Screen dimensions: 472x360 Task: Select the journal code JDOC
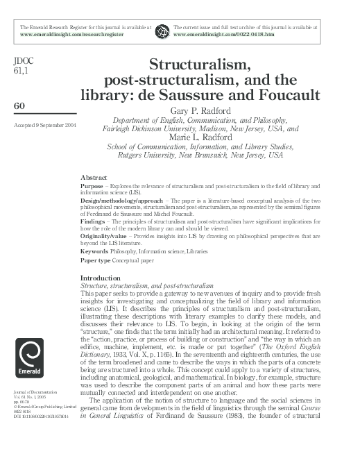pyautogui.click(x=23, y=60)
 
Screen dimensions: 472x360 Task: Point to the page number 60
pyautogui.click(x=20, y=105)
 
